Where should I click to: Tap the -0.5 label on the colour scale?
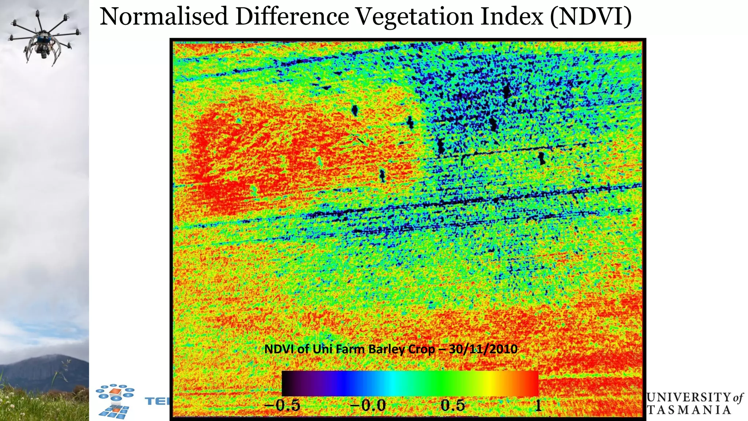tap(282, 405)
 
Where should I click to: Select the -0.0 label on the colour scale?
tap(368, 405)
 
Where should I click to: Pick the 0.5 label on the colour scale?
tap(453, 405)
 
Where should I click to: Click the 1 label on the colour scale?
tap(538, 405)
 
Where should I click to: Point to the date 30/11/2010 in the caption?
tap(483, 349)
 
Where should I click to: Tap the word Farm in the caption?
tap(350, 349)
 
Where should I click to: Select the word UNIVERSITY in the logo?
tap(688, 397)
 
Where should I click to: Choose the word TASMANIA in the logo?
tap(689, 410)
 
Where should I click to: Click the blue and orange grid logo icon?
tap(114, 401)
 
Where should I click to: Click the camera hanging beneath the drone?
tap(44, 54)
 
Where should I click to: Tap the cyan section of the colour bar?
tap(391, 383)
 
